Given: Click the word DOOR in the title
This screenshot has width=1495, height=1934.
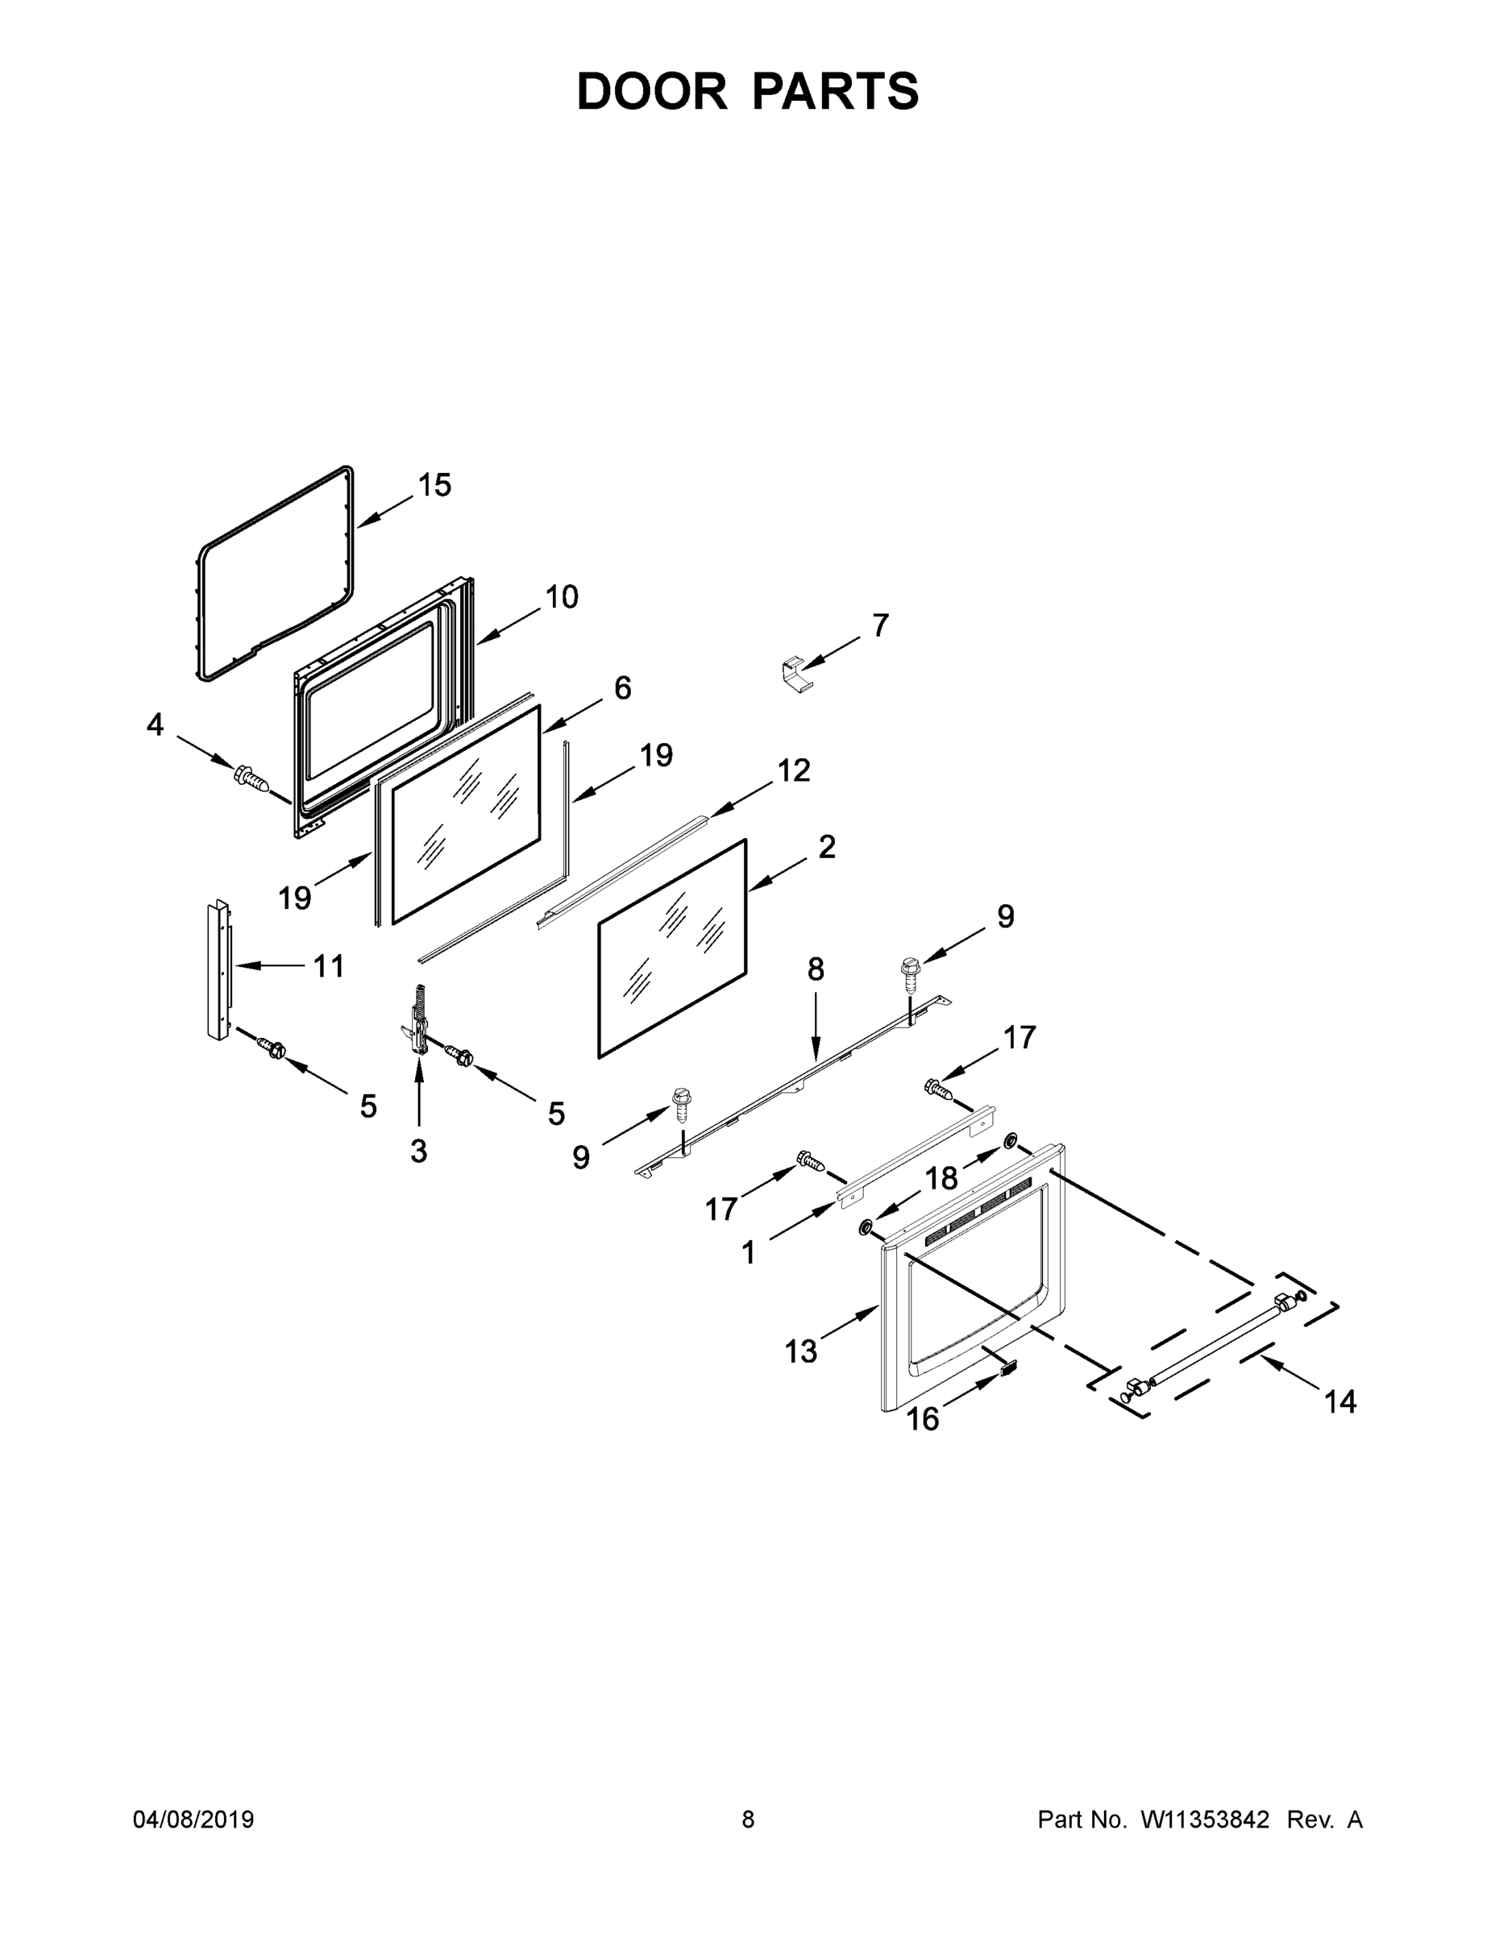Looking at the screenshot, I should click(x=651, y=91).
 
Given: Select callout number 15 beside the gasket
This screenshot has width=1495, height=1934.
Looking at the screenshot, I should click(x=434, y=485).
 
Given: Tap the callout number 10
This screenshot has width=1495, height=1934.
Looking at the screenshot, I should click(x=561, y=597).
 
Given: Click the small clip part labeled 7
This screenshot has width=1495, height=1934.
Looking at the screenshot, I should click(x=796, y=675).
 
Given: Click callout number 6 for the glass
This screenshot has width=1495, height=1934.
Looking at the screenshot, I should click(x=623, y=688).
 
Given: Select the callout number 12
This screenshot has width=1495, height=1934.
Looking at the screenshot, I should click(x=794, y=770).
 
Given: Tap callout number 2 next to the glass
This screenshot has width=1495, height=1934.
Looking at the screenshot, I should click(x=826, y=848).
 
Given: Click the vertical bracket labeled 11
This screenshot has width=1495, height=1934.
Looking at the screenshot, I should click(x=217, y=971).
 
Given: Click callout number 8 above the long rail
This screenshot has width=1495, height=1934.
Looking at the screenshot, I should click(x=816, y=970).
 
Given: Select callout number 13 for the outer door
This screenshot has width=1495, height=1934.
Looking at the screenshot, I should click(x=800, y=1351).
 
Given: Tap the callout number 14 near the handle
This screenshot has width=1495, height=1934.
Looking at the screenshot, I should click(x=1340, y=1402).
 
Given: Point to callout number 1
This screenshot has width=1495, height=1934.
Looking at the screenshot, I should click(x=749, y=1252).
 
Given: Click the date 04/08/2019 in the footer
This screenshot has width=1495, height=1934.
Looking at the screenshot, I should click(x=193, y=1820).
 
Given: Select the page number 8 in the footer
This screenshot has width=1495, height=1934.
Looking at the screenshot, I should click(x=748, y=1820).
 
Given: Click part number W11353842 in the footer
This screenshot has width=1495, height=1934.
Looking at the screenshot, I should click(x=1205, y=1820).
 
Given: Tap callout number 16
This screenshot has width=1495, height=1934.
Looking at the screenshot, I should click(x=922, y=1420).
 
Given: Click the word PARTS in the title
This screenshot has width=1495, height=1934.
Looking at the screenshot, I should click(x=837, y=91).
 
